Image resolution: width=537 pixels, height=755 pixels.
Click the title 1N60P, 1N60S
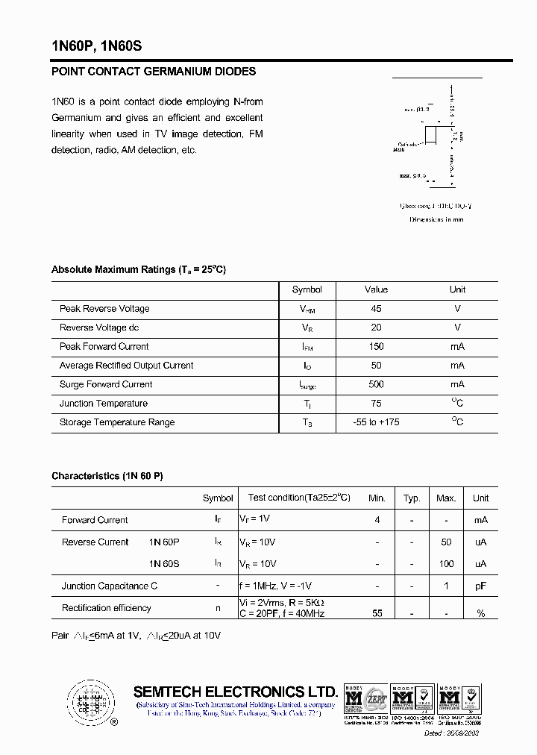tap(96, 46)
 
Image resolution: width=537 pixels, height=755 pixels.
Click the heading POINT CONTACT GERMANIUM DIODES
tap(154, 72)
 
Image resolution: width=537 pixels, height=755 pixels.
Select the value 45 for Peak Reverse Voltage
tap(376, 309)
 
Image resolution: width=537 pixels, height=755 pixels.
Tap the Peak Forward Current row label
tap(104, 347)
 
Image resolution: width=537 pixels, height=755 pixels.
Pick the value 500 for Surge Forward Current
tap(376, 384)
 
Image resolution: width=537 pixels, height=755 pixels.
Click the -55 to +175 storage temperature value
tap(376, 422)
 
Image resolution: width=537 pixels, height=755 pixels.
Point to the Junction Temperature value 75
tap(376, 404)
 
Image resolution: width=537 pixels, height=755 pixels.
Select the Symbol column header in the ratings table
tap(307, 290)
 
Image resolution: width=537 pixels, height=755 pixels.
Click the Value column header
tap(376, 290)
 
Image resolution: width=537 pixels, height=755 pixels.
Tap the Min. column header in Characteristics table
tap(377, 498)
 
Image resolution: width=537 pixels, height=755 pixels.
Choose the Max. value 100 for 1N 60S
tap(447, 564)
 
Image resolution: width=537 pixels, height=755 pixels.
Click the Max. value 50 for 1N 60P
tap(447, 542)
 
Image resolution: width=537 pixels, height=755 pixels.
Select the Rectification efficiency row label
tap(107, 608)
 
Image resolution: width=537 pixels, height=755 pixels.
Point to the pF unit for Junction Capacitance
tap(481, 586)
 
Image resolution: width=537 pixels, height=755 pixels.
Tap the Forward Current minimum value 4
tap(377, 520)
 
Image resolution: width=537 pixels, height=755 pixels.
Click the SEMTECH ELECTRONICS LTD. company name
tap(235, 692)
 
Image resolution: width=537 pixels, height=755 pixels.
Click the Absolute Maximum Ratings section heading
tap(138, 269)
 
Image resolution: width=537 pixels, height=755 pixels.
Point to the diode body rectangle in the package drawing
tap(431, 136)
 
